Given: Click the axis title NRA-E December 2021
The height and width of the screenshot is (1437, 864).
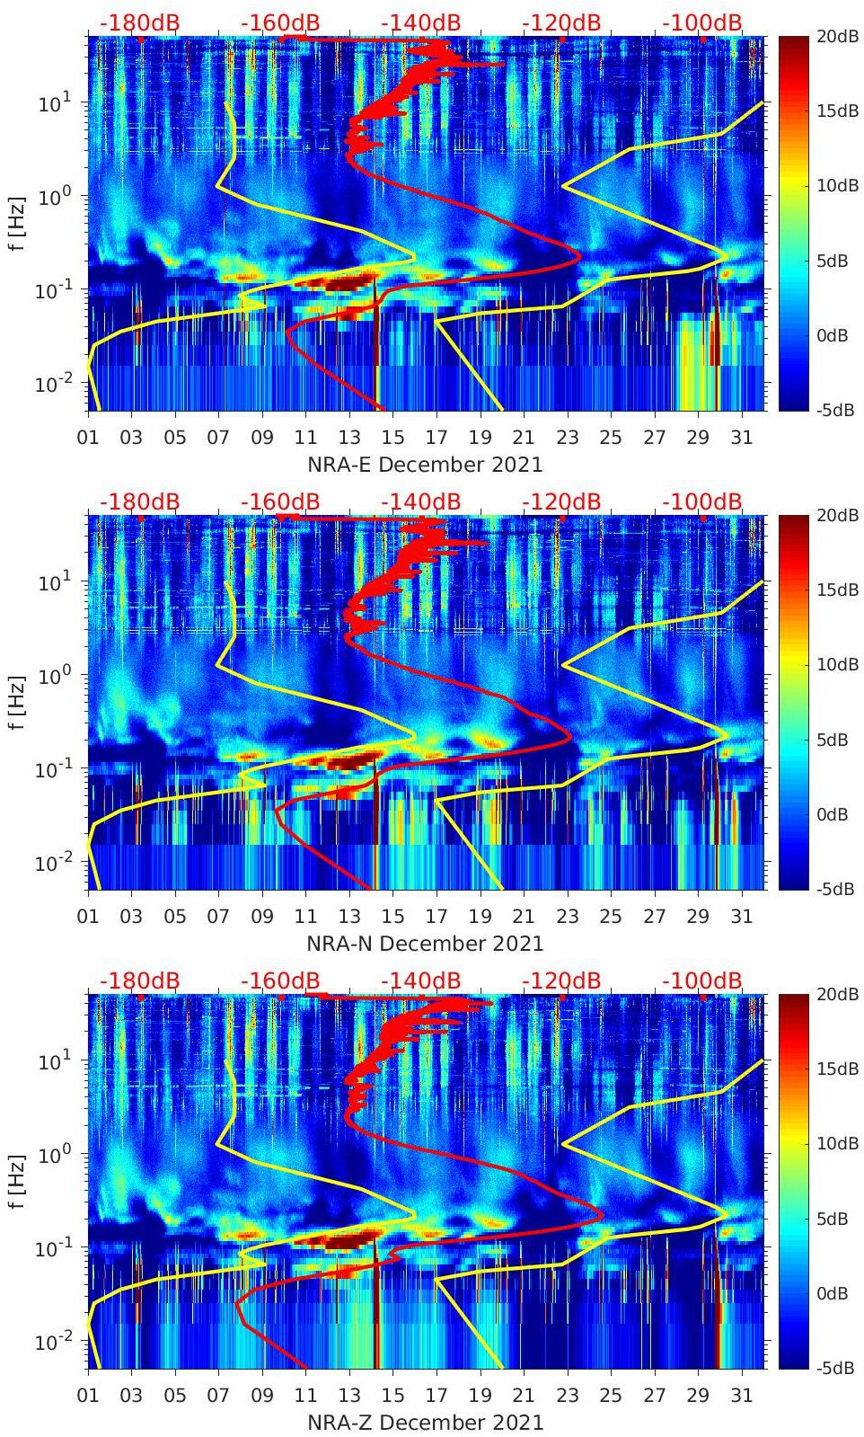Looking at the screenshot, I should (x=425, y=465).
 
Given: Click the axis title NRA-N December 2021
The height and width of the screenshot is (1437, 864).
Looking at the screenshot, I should (x=425, y=944).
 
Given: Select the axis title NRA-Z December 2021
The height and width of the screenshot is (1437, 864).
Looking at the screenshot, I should (x=425, y=1423).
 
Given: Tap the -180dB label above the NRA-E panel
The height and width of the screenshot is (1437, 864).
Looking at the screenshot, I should (x=139, y=22).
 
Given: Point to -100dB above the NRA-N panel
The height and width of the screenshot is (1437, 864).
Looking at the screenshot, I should (x=702, y=501).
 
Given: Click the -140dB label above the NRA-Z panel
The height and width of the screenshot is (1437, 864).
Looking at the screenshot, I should (x=420, y=980).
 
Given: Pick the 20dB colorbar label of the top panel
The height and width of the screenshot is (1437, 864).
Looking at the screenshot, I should (x=834, y=36).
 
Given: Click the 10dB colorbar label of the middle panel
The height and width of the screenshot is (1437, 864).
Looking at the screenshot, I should (x=834, y=664).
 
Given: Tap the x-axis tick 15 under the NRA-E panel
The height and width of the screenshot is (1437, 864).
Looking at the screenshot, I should (x=392, y=438).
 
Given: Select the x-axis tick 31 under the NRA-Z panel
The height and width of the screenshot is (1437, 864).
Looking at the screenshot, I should (x=741, y=1396).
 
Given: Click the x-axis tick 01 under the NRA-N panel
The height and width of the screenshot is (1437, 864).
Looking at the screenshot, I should (x=88, y=917).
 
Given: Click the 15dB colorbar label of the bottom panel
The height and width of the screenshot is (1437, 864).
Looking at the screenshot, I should (x=834, y=1069).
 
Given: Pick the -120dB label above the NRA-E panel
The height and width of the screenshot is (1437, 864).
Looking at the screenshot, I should (x=561, y=22).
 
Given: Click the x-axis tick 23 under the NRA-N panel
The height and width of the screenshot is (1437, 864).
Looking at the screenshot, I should (x=567, y=917).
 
